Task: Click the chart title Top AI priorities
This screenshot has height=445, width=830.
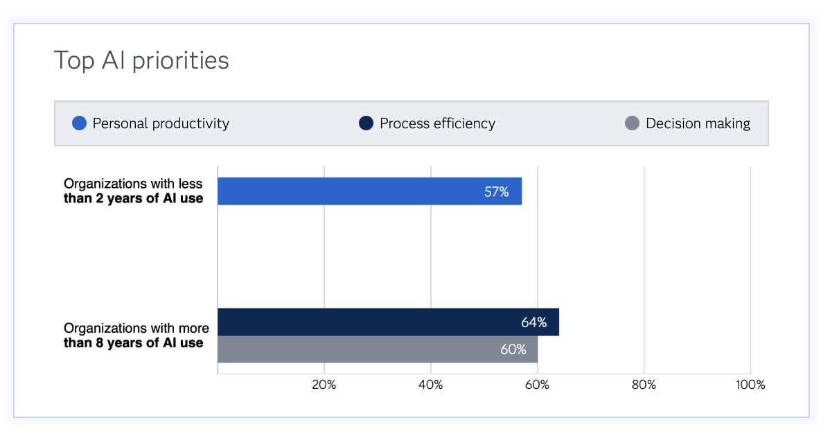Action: pos(141,61)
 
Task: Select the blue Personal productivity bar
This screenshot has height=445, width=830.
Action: pos(369,191)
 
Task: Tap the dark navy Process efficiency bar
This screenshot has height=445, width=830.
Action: pos(388,322)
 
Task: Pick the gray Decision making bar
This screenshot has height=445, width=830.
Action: pos(377,349)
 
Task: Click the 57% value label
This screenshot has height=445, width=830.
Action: pos(496,192)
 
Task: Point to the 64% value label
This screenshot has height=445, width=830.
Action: pos(533,322)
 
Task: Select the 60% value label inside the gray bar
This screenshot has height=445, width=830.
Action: pos(513,349)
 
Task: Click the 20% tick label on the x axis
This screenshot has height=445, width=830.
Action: pos(324,385)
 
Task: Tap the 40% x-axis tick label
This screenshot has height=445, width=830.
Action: pos(430,385)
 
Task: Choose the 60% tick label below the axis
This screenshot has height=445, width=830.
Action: pos(537,385)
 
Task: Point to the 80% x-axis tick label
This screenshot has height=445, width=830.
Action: pos(644,385)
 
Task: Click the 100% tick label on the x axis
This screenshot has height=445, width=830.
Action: pos(750,385)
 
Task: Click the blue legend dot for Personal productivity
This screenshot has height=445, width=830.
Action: pos(80,124)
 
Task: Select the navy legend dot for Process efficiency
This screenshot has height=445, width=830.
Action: pos(367,124)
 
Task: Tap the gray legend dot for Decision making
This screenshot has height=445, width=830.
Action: pos(632,124)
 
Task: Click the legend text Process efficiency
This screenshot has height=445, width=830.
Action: pos(437,124)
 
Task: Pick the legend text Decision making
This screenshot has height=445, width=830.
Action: pos(698,124)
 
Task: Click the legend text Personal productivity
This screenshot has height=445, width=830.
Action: pos(161,124)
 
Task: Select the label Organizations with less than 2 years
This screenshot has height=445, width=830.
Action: pos(133,191)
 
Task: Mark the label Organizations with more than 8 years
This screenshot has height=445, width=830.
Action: pos(136,335)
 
